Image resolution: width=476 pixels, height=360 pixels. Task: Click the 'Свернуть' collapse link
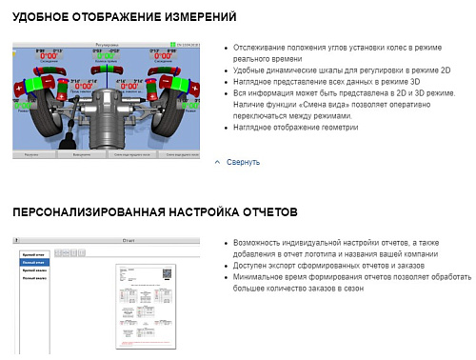243,162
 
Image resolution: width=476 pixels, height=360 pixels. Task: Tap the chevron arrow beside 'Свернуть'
218,162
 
